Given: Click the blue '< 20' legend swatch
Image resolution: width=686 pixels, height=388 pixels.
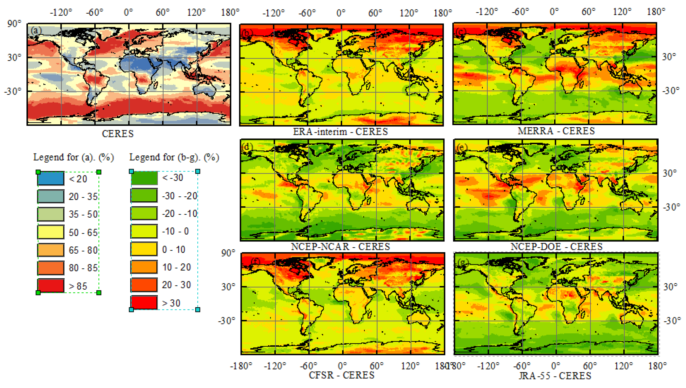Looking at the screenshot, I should [51, 178].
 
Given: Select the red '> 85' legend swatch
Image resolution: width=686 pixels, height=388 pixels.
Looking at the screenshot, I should [51, 286].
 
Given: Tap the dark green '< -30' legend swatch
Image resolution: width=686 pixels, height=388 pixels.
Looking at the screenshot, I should [144, 178].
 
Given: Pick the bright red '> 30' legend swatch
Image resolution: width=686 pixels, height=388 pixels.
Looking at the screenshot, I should [144, 302].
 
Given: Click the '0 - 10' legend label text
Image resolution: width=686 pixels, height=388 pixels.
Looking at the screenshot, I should [174, 250].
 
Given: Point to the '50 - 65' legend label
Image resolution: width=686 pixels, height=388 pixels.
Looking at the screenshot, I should [83, 232].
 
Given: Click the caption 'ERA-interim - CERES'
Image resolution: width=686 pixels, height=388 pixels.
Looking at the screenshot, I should [340, 132].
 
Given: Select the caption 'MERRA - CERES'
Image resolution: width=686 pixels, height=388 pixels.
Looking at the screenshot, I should [556, 131].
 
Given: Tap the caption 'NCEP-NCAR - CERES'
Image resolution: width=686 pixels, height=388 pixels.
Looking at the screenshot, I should [340, 247].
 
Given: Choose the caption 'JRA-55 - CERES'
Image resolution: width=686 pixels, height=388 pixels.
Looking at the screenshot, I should [555, 376].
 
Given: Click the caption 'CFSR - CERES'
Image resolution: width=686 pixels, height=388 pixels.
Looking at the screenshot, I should [341, 375].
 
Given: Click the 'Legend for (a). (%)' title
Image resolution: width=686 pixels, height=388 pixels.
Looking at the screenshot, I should [74, 157].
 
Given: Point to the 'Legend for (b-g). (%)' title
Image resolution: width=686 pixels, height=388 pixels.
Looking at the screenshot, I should [174, 157].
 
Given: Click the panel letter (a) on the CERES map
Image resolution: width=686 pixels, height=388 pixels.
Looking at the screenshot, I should [36, 30].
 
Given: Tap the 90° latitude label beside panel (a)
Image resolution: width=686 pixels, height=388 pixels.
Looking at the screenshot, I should [14, 24].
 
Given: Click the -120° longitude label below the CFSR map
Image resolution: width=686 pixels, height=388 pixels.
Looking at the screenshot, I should [275, 366].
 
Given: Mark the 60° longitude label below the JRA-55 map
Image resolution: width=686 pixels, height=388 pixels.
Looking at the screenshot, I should [590, 366].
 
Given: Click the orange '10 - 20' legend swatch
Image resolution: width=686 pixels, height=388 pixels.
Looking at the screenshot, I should [144, 267].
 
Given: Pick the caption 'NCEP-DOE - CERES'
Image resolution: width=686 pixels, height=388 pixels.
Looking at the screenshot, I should [557, 247].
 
